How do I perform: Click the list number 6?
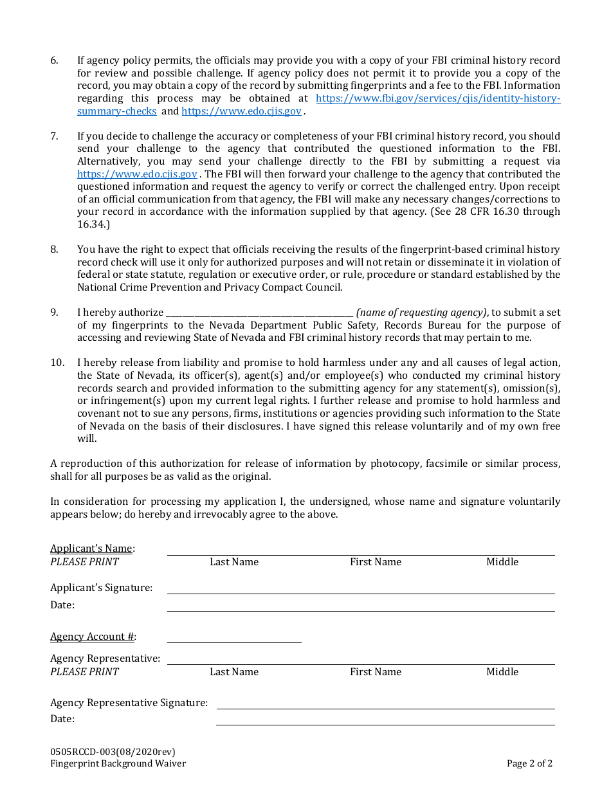pos(54,60)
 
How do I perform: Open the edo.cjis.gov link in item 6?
pos(241,111)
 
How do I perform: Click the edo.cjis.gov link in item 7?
pos(137,174)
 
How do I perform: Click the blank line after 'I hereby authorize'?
pos(259,313)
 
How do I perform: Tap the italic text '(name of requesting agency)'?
pos(421,313)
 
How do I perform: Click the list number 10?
pos(57,363)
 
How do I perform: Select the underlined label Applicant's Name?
pos(91,549)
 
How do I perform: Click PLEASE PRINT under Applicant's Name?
pos(84,562)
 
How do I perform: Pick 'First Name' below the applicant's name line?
pos(375,562)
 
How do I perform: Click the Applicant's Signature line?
pos(360,588)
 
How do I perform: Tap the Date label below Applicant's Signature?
pos(62,605)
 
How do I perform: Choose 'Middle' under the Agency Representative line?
pos(502,672)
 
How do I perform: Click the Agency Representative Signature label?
pos(129,703)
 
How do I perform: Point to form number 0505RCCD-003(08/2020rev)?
pos(113,752)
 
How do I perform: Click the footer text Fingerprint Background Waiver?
pos(118,764)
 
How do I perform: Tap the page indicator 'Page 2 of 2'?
pos(529,764)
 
